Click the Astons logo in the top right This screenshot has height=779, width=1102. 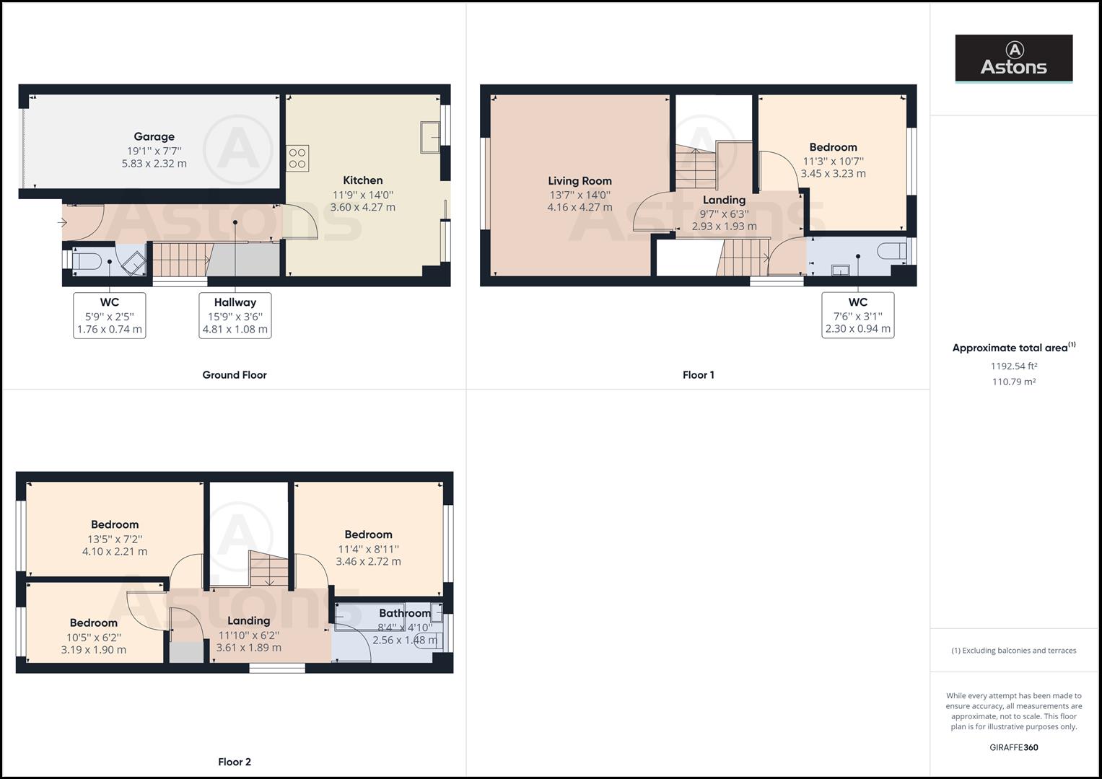pyautogui.click(x=1013, y=58)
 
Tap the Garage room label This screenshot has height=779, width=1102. pyautogui.click(x=154, y=136)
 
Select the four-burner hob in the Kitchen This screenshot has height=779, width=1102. pyautogui.click(x=297, y=158)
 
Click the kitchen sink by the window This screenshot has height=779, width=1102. pyautogui.click(x=431, y=137)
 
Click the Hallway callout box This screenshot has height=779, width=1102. pyautogui.click(x=235, y=315)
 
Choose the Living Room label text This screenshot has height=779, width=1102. pyautogui.click(x=580, y=181)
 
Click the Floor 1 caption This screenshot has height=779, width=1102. pyautogui.click(x=698, y=375)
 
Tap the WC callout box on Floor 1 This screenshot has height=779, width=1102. pyautogui.click(x=857, y=315)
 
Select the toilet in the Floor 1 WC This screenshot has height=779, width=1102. pyautogui.click(x=892, y=252)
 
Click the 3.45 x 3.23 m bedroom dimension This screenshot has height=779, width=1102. pyautogui.click(x=833, y=174)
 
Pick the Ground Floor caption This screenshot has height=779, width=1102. pyautogui.click(x=235, y=375)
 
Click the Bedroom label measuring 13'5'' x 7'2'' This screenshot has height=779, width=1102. pyautogui.click(x=115, y=524)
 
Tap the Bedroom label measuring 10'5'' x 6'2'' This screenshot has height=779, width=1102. pyautogui.click(x=94, y=622)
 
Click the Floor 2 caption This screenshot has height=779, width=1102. pyautogui.click(x=235, y=762)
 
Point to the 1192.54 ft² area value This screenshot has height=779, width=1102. pyautogui.click(x=1014, y=366)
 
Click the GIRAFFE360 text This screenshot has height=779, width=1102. pyautogui.click(x=1013, y=747)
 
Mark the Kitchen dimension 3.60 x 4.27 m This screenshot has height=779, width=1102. pyautogui.click(x=363, y=208)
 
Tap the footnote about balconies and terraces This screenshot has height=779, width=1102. pyautogui.click(x=1013, y=651)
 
